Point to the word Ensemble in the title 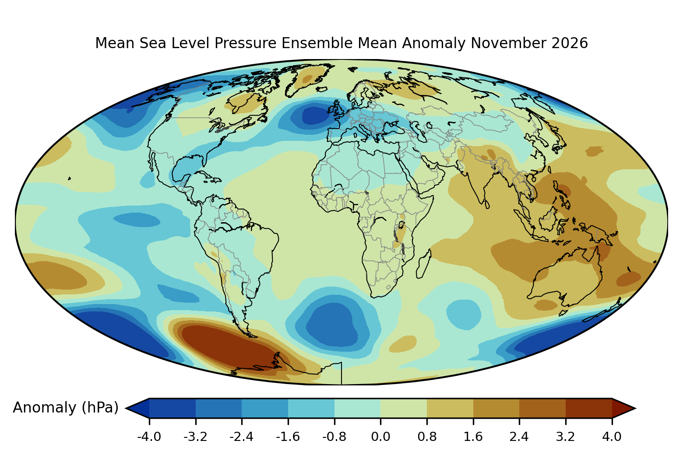coord(317,43)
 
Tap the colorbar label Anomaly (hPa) coord(66,408)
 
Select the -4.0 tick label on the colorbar coord(149,437)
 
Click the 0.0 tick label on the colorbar coord(380,437)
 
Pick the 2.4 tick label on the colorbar coord(519,437)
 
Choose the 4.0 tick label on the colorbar coord(612,437)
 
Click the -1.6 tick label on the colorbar coord(288,437)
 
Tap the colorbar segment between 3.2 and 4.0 coord(589,408)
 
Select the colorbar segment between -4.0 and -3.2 coord(173,408)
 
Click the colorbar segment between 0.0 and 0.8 coord(404,408)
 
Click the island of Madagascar coord(424,264)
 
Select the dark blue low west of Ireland coord(316,115)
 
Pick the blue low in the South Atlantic coord(333,325)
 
